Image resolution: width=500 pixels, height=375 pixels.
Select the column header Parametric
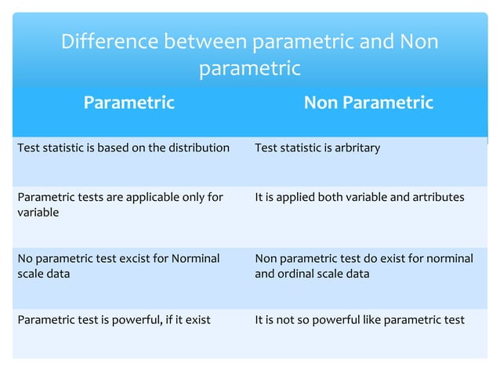point(129,103)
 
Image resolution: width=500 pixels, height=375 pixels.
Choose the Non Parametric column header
point(368,103)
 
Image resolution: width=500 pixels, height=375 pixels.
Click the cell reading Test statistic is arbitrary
point(317,147)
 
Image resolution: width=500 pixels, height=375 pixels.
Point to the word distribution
point(199,147)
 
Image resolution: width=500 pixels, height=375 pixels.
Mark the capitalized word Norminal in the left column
point(196,258)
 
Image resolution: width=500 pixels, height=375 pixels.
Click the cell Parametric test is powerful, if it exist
point(114,319)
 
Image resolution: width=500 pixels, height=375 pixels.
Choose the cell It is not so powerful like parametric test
point(360,319)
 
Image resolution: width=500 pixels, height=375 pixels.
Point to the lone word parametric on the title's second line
point(249,69)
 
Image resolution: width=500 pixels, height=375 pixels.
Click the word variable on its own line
point(37,213)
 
